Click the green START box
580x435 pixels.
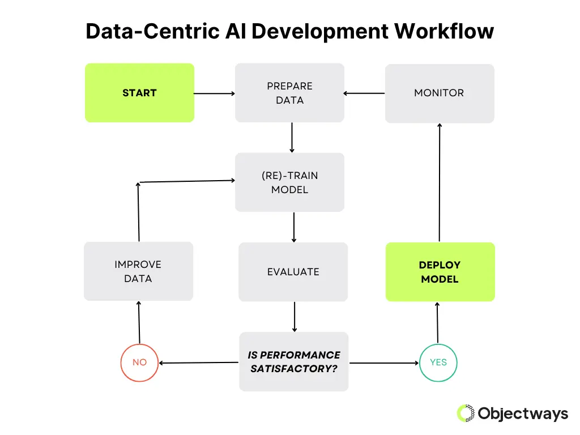click(139, 93)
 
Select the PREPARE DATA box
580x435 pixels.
click(289, 93)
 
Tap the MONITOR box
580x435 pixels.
click(439, 93)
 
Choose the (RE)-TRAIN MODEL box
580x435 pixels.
click(289, 182)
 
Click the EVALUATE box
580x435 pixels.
click(293, 272)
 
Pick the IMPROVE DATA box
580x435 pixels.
click(138, 271)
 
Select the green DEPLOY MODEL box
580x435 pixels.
click(440, 272)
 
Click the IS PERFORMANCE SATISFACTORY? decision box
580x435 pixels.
click(293, 362)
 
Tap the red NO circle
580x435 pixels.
click(139, 362)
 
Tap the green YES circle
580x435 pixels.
click(438, 362)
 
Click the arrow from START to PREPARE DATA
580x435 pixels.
click(214, 93)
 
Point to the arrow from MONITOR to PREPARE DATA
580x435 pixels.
click(364, 93)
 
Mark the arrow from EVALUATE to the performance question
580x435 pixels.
click(294, 317)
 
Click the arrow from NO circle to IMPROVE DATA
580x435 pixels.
click(139, 323)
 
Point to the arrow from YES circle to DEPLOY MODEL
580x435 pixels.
click(438, 323)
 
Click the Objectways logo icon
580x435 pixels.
click(466, 413)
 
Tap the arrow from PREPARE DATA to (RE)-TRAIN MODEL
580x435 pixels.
click(292, 138)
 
